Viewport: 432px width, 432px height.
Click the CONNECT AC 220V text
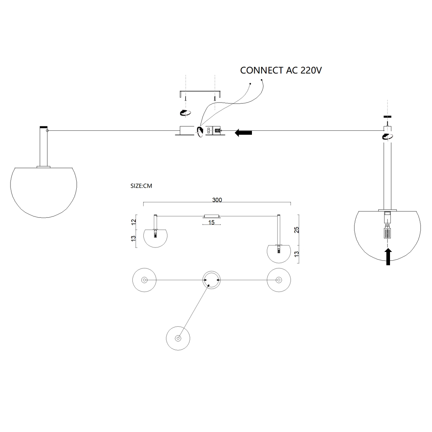(x=281, y=70)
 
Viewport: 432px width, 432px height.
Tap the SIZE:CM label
(x=141, y=186)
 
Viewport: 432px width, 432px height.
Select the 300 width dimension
(x=217, y=200)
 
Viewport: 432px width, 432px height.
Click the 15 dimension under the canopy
(x=211, y=222)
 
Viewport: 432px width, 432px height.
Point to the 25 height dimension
(x=296, y=230)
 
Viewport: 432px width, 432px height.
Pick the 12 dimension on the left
(x=134, y=222)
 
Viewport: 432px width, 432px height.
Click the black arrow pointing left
(x=243, y=133)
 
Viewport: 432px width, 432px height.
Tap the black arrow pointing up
(x=388, y=256)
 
